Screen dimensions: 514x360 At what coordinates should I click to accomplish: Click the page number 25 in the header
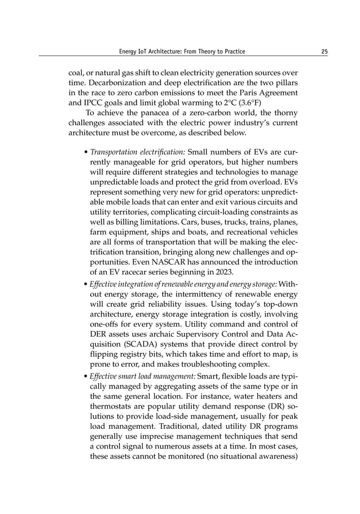[324, 52]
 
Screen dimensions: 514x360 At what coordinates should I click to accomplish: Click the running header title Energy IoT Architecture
[182, 52]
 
